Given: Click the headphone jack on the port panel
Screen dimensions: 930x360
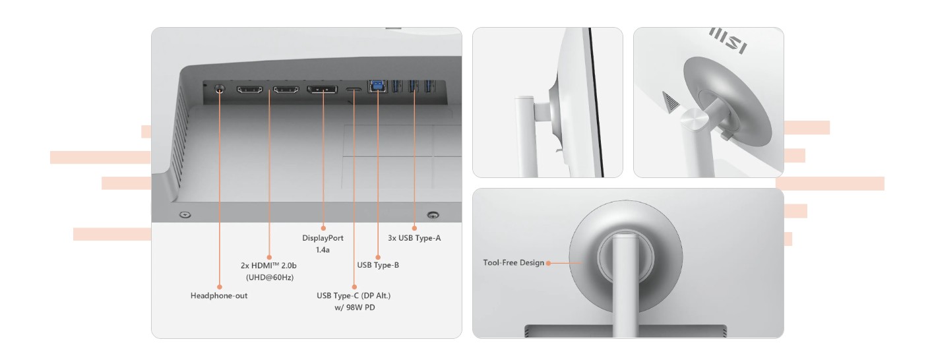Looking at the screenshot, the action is [x=220, y=88].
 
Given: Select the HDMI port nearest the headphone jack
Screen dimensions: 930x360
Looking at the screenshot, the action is [x=249, y=89].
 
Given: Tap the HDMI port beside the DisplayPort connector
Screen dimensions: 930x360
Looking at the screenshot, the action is [x=286, y=89].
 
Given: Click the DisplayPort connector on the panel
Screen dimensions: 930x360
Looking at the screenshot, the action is [x=322, y=89].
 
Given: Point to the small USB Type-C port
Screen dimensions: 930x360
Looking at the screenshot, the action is [x=354, y=89].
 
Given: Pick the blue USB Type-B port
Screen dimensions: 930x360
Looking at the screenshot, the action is [x=377, y=86].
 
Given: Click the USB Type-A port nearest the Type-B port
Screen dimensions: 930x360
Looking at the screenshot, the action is [x=397, y=86].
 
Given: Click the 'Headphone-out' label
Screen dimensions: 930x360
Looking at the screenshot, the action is [x=219, y=295].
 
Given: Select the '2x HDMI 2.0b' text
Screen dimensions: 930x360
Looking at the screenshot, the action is [x=268, y=265].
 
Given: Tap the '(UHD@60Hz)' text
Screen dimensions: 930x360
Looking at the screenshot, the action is [x=270, y=278].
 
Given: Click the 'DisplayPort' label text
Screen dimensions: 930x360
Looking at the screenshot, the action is [x=323, y=238].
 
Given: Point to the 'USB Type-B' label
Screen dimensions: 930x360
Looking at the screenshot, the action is [x=378, y=265].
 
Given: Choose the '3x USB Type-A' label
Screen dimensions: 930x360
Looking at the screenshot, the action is [x=414, y=238].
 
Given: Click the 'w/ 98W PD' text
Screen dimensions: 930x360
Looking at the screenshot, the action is [x=355, y=308].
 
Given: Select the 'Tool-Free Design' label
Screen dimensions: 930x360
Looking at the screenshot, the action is [x=514, y=263].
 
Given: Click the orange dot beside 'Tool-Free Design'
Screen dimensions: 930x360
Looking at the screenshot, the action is [x=549, y=263].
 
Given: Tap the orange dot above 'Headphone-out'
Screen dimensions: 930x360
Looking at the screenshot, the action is [x=220, y=287].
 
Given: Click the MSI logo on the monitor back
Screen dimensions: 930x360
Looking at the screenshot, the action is [x=728, y=41].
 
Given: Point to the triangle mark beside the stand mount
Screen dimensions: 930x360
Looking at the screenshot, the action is [x=670, y=102].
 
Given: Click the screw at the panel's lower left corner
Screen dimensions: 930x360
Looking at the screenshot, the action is [x=185, y=215].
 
